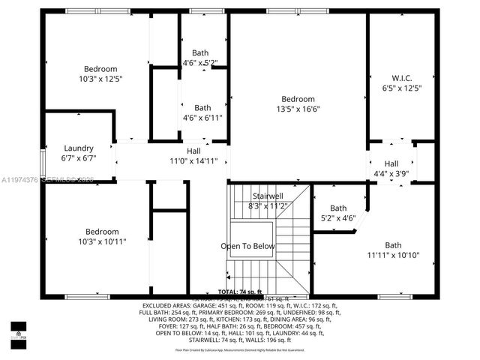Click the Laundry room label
point(78,148)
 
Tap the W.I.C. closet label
point(402,77)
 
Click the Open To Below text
point(247,246)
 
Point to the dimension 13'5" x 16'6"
point(298,109)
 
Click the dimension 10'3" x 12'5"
point(101,78)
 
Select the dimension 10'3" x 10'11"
point(101,241)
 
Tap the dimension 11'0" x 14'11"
point(193,160)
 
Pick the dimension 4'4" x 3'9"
point(391,174)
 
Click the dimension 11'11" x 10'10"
point(393,255)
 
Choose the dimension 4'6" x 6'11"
point(202,118)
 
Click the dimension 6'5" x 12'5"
point(402,88)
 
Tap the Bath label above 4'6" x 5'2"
point(200,52)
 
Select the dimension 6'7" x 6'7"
point(78,158)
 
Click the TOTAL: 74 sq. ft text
point(240,291)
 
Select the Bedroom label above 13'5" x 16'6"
point(298,99)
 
